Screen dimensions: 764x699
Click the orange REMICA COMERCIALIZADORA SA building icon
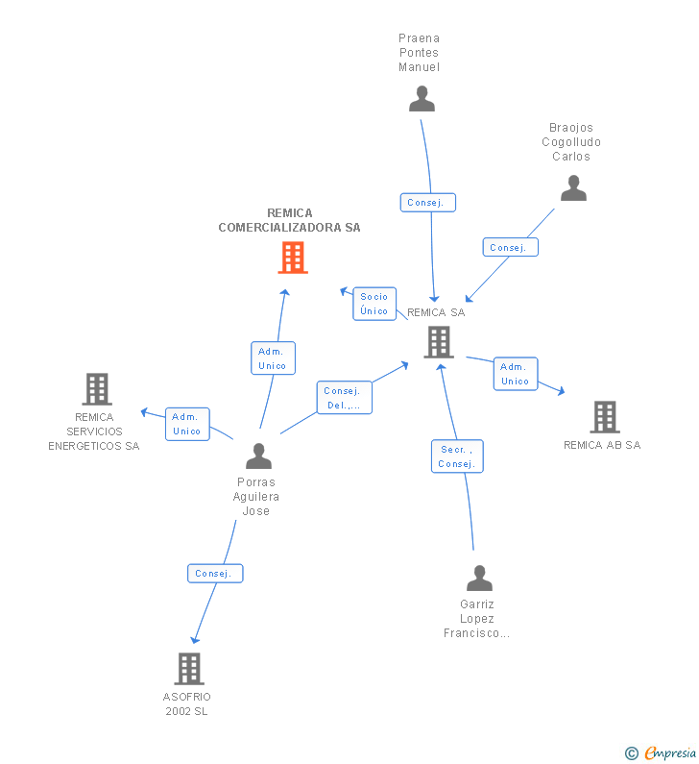[293, 258]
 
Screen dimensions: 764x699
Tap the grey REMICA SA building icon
[438, 341]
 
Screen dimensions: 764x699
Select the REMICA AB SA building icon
[604, 417]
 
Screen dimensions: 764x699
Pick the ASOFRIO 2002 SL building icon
[189, 668]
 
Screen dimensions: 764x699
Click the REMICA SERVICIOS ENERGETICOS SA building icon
[96, 389]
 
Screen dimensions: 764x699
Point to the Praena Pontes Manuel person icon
[422, 99]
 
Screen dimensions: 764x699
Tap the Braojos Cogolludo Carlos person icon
[573, 188]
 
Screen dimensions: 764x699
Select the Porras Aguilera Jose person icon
[258, 456]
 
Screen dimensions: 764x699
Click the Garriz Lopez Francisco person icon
[479, 578]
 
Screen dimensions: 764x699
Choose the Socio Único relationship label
[374, 304]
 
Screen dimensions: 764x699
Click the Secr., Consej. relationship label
[457, 456]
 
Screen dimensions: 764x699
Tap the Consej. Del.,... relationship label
[344, 398]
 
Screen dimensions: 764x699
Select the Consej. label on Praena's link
[427, 203]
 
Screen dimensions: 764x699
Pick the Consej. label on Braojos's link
[510, 247]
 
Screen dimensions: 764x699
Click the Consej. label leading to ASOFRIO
[215, 574]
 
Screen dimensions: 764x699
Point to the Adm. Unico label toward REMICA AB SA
[516, 374]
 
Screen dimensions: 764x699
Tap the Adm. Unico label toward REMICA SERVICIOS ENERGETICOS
[187, 424]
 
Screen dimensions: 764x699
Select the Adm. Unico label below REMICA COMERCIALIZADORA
[273, 358]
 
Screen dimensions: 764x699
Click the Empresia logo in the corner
[661, 752]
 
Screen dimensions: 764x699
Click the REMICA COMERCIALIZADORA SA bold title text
[290, 220]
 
